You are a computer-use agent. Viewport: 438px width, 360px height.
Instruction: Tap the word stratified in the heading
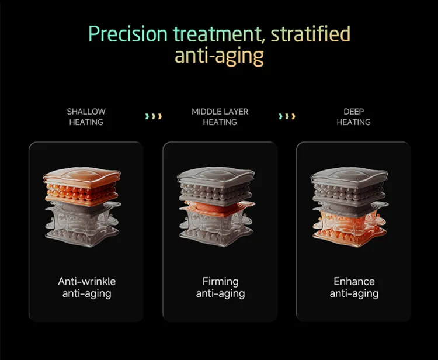point(312,34)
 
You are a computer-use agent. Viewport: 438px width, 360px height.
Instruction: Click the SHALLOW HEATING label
point(86,117)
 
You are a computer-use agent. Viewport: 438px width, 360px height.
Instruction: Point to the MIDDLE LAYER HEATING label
point(220,117)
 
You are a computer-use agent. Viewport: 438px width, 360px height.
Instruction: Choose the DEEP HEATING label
point(353,117)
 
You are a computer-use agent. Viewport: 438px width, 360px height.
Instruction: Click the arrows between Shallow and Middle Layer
point(153,117)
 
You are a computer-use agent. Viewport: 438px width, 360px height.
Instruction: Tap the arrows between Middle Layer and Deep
point(287,117)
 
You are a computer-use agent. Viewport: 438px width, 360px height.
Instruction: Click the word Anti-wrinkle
point(86,282)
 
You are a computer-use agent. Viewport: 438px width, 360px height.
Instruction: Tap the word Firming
point(220,282)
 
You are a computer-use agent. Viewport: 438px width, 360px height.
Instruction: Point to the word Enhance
point(354,282)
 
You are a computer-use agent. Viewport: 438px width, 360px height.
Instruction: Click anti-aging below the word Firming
point(220,294)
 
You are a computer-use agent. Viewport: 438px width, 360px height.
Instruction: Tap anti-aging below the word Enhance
point(354,294)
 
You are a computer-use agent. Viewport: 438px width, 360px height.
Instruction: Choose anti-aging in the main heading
point(219,56)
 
